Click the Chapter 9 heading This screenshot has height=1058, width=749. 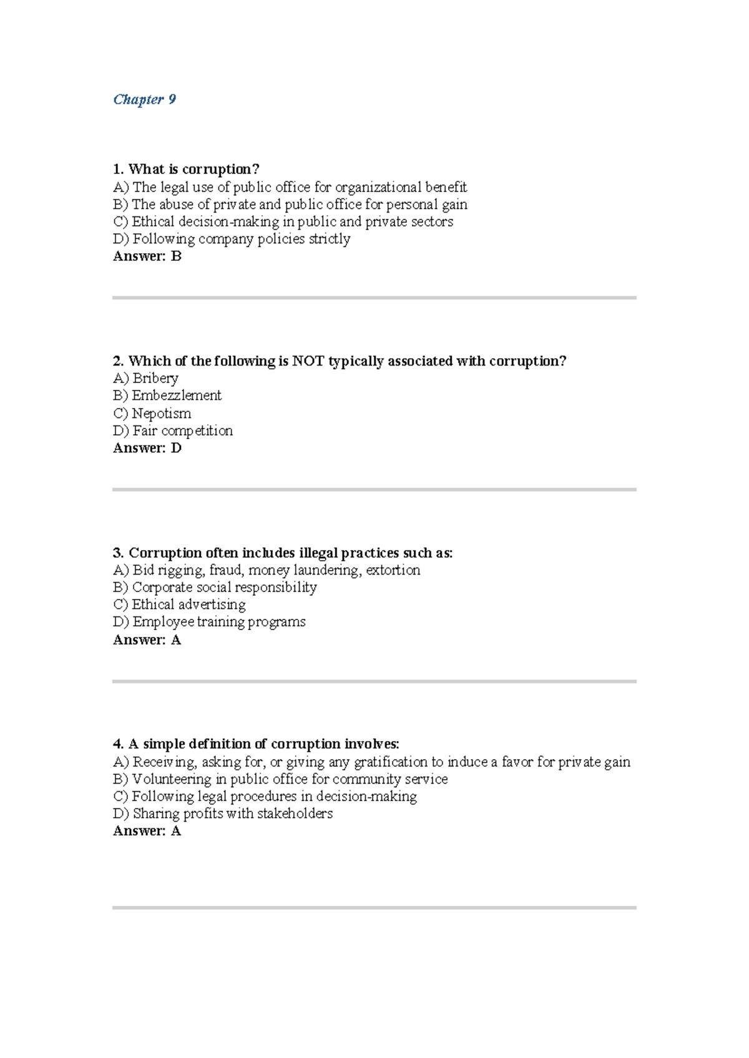pos(144,100)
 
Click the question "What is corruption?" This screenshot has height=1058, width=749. pos(186,169)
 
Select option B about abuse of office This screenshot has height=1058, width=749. pos(290,205)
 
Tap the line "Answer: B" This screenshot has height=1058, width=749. pos(147,256)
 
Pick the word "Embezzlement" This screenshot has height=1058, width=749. pos(177,396)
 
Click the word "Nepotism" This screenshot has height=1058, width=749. pos(161,413)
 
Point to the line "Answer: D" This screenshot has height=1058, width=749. pos(147,448)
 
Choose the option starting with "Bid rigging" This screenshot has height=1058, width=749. pos(267,570)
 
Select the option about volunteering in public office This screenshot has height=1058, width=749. pos(280,779)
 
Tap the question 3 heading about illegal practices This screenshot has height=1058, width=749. pos(283,553)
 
